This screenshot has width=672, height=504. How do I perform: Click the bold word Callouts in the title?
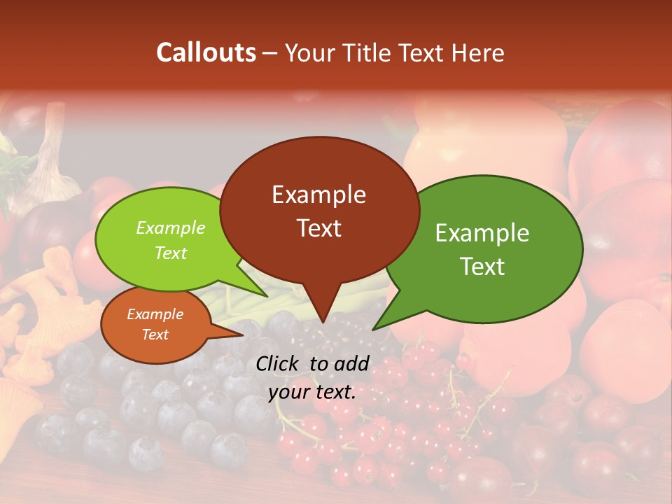[206, 52]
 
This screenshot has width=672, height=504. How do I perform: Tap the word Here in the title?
[478, 52]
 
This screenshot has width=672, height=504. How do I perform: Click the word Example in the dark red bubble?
[318, 195]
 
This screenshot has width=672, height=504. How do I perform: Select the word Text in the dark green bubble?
[482, 267]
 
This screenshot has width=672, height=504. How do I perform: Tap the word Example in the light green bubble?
[170, 227]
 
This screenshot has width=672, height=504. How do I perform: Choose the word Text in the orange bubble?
[155, 335]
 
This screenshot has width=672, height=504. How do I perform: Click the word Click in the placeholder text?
[278, 363]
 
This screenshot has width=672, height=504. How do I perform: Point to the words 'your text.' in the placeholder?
[312, 392]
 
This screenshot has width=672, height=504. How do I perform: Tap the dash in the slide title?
[270, 52]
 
